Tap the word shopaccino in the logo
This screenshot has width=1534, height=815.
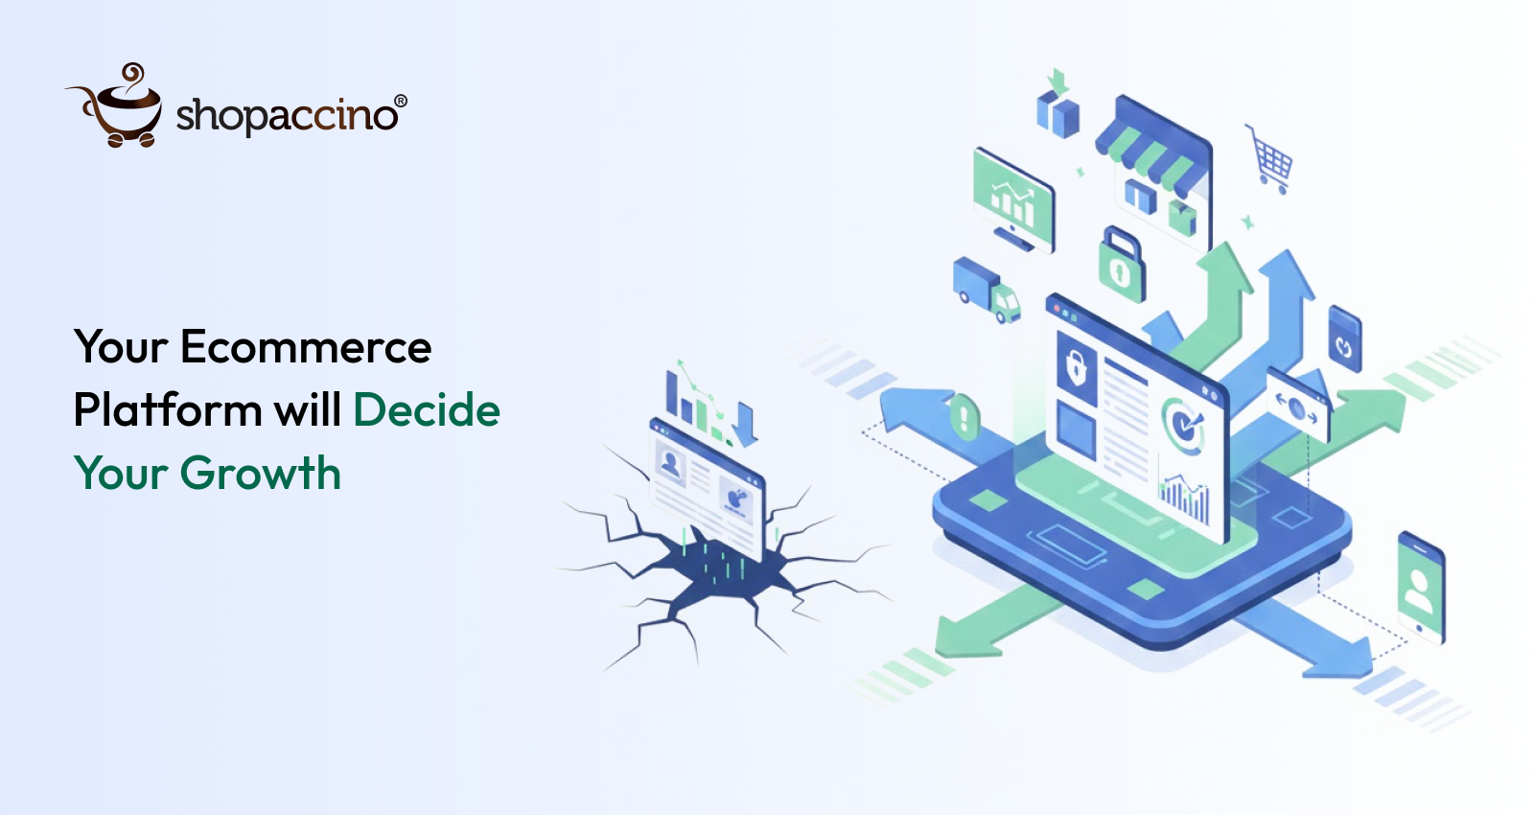pyautogui.click(x=286, y=115)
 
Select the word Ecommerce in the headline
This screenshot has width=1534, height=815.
pyautogui.click(x=306, y=347)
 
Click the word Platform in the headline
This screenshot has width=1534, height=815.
pyautogui.click(x=168, y=410)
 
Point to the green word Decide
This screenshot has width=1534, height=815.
pyautogui.click(x=427, y=410)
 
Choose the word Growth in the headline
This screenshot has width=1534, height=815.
pyautogui.click(x=260, y=474)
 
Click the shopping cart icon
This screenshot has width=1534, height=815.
pyautogui.click(x=1271, y=158)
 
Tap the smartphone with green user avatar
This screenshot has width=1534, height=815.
pyautogui.click(x=1420, y=587)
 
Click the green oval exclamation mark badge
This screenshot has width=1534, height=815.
pyautogui.click(x=964, y=417)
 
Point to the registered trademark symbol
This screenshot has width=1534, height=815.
pyautogui.click(x=401, y=101)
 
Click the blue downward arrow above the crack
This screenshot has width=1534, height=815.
pyautogui.click(x=745, y=423)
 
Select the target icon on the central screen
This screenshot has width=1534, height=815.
pyautogui.click(x=1185, y=425)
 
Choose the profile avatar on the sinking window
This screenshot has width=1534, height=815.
pyautogui.click(x=671, y=465)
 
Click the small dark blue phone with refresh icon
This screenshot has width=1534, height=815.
pyautogui.click(x=1344, y=340)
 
